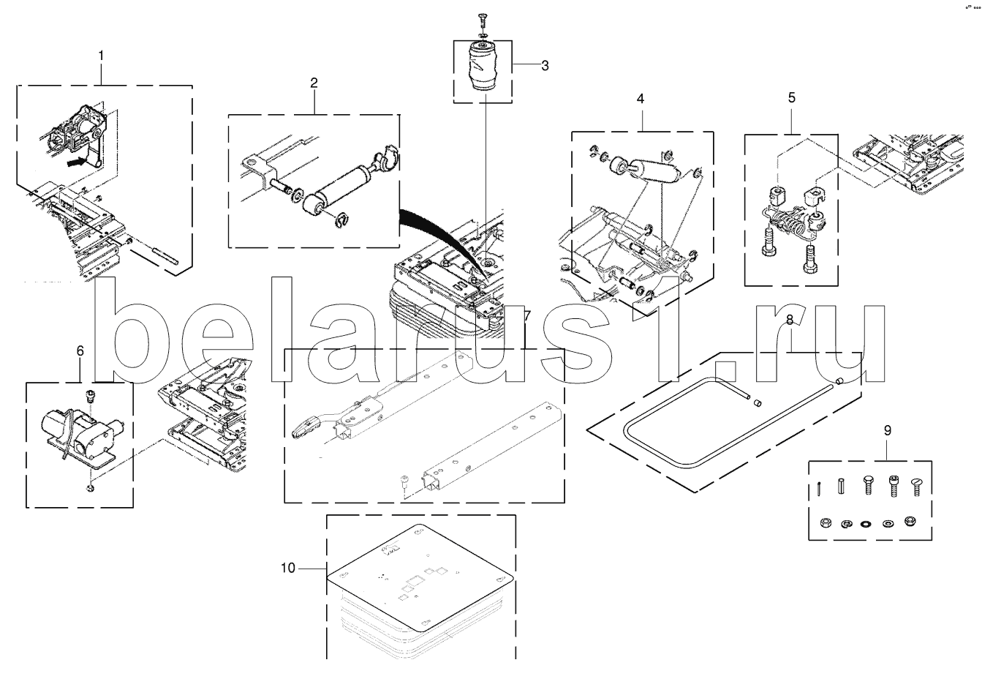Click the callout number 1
101,56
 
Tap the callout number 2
314,83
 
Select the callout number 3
545,66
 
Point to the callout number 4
641,99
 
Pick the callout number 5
791,98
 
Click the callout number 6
80,351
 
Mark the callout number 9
887,430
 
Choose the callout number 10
288,568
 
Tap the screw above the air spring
482,20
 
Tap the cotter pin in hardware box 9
820,488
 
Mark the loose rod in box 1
165,256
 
